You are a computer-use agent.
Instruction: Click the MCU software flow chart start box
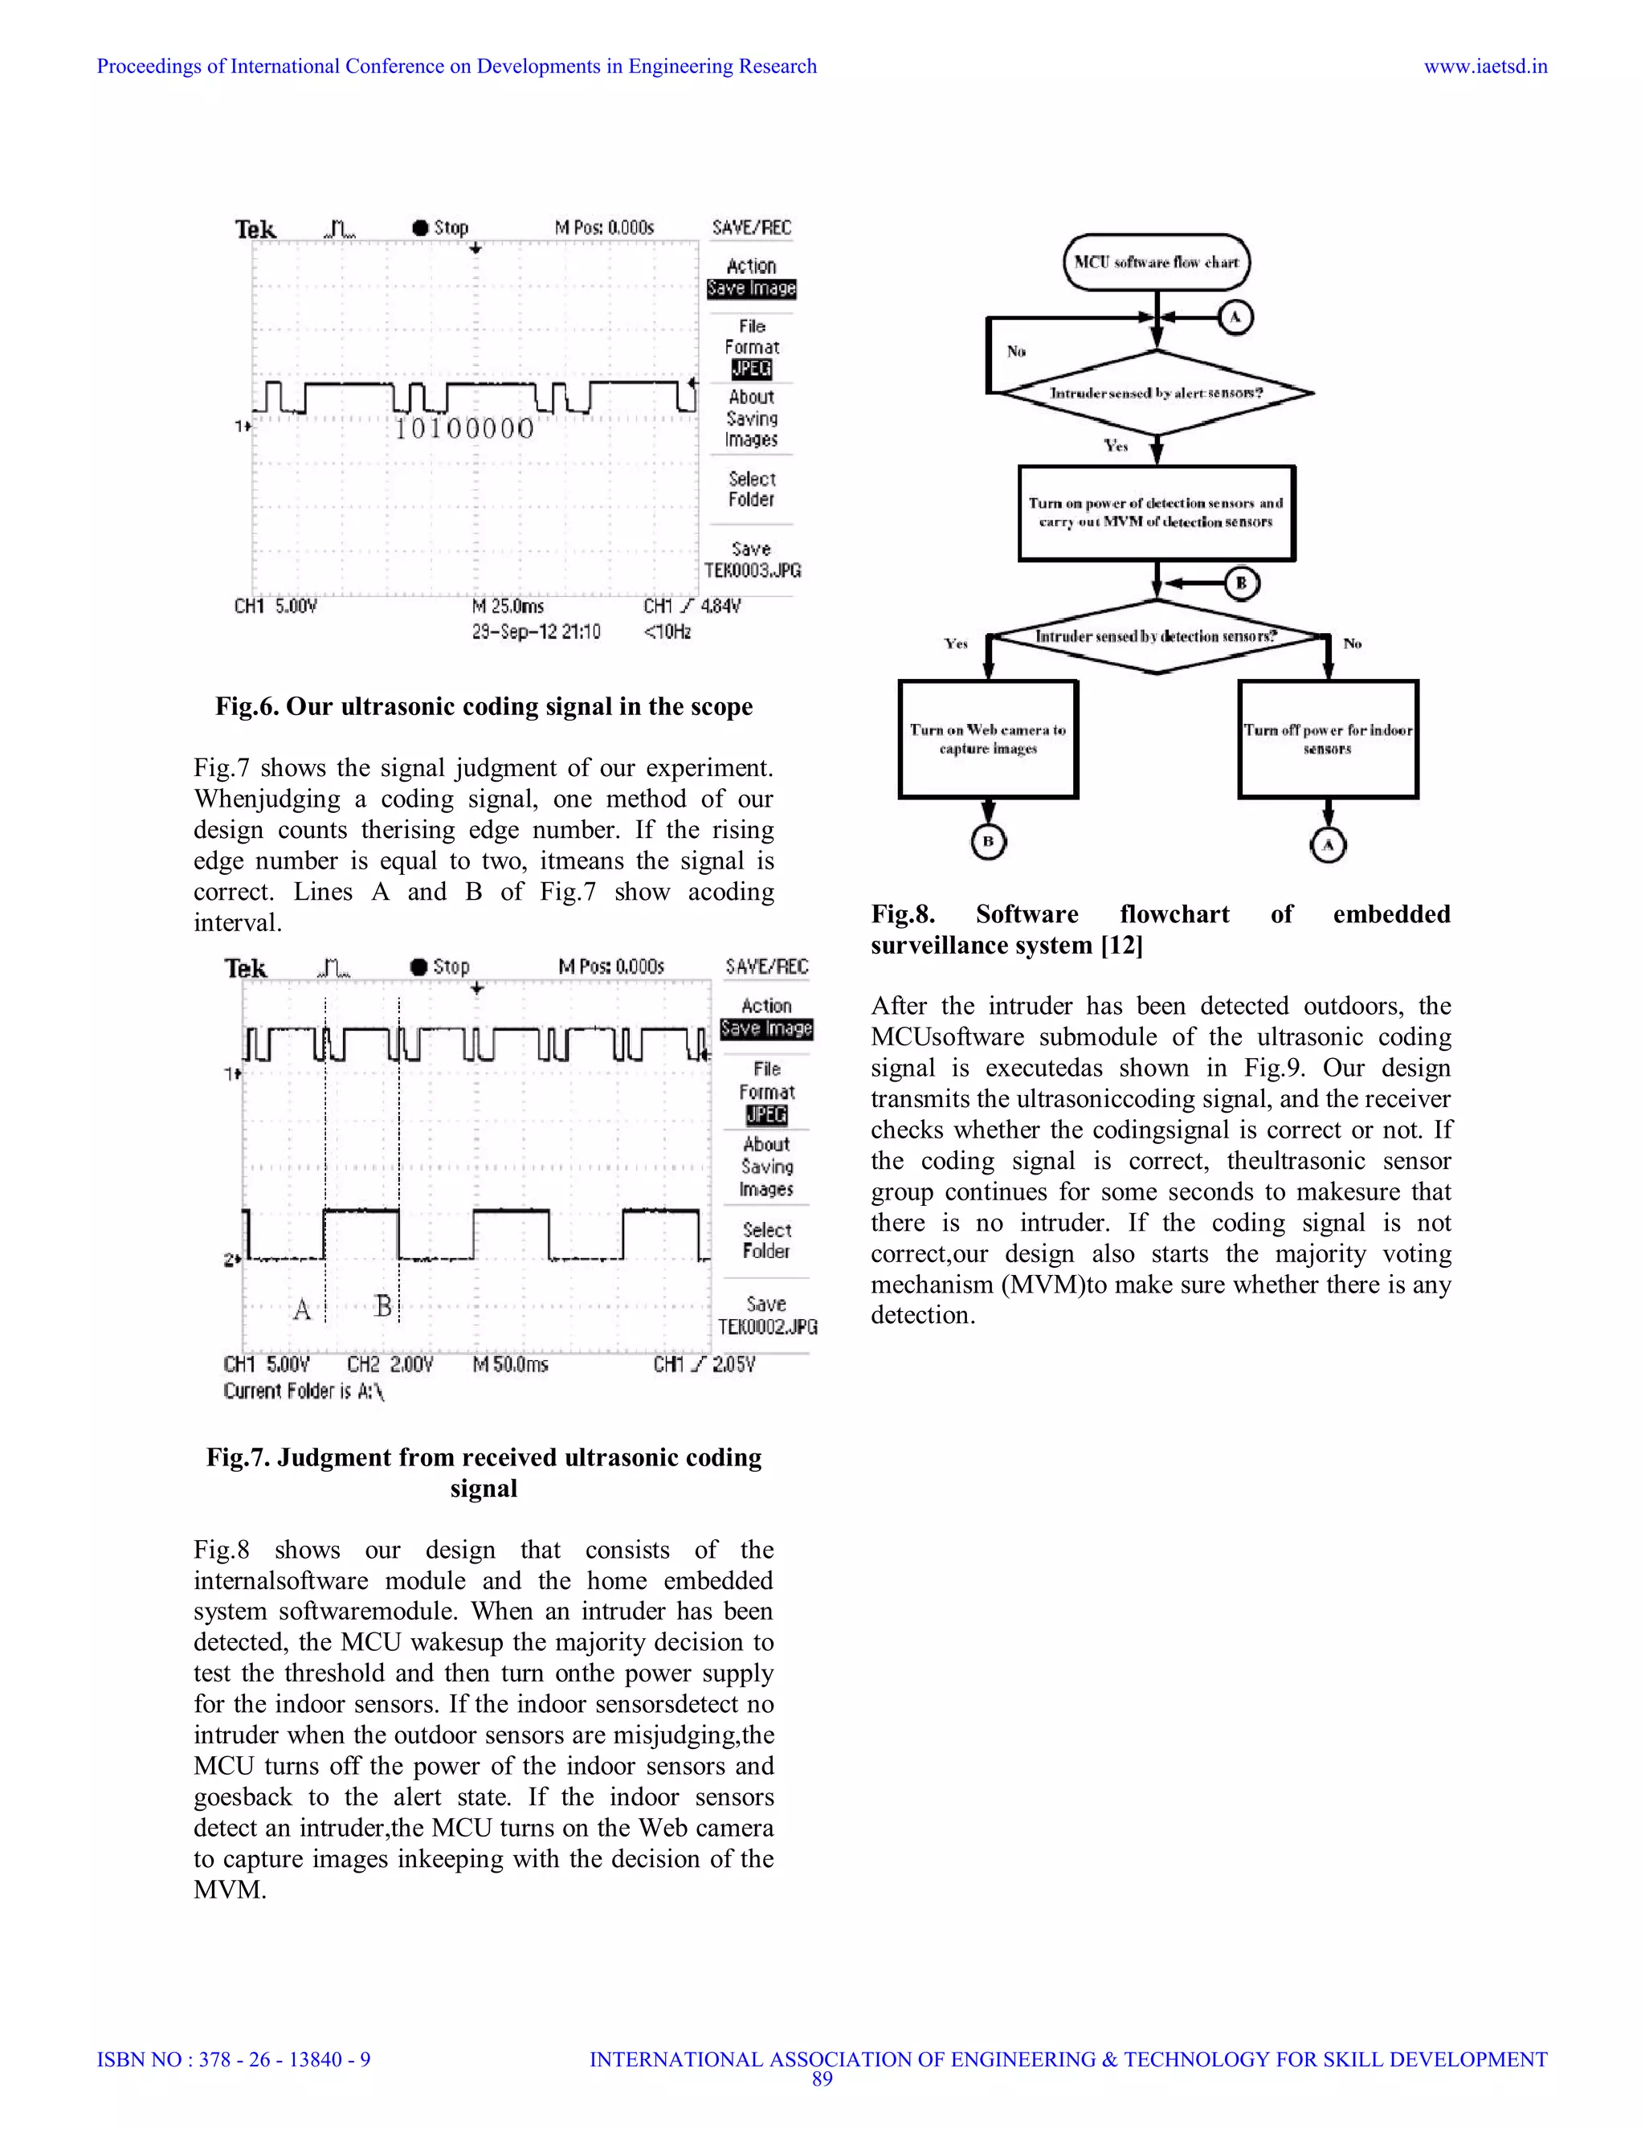tap(1156, 262)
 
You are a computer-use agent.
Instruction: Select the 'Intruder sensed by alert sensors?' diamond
tap(1157, 393)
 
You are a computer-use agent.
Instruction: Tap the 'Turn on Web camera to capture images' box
tap(988, 739)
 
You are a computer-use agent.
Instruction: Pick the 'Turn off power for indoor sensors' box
tap(1327, 739)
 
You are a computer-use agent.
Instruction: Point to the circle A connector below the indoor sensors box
tap(1327, 844)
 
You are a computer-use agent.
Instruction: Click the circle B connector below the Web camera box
tap(988, 841)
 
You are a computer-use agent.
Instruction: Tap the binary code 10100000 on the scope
tap(464, 429)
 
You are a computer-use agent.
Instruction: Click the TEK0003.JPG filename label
tap(753, 571)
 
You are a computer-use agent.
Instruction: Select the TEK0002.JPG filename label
tap(768, 1326)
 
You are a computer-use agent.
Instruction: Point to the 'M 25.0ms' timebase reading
tap(508, 607)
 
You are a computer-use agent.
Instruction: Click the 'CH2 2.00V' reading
tap(390, 1365)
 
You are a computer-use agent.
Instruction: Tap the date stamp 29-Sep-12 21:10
tap(536, 631)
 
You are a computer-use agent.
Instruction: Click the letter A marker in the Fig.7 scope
tap(302, 1310)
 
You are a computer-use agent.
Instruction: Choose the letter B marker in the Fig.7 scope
tap(383, 1306)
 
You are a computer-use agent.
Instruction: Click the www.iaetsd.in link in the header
tap(1485, 67)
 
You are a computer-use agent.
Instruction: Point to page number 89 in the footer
tap(822, 2078)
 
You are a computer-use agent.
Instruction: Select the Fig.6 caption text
tap(484, 707)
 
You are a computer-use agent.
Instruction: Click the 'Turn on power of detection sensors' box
tap(1157, 513)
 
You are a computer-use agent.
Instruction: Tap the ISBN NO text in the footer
tap(234, 2060)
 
